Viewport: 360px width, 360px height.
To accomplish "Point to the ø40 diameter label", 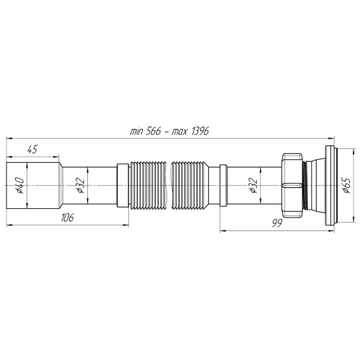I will (x=19, y=186).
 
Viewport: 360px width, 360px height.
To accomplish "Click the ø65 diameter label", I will (x=346, y=186).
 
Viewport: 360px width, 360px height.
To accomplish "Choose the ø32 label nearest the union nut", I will (x=254, y=186).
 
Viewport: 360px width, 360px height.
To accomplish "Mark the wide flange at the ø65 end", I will (x=330, y=186).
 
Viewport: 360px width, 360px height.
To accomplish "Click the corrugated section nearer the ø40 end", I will (x=146, y=186).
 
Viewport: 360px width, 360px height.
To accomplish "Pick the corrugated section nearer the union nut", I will (x=192, y=186).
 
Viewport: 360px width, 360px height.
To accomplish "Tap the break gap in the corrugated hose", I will (x=168, y=186).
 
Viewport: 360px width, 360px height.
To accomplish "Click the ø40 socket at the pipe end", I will (x=26, y=186).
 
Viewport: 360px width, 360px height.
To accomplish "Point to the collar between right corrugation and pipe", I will (x=223, y=186).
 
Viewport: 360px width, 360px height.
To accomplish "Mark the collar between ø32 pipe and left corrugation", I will (x=122, y=186).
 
